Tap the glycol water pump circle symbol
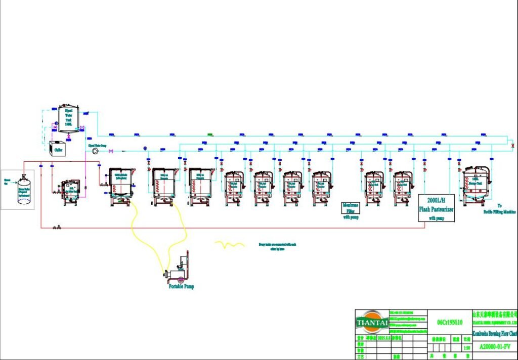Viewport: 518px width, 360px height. point(92,151)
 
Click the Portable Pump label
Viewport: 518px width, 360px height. point(181,287)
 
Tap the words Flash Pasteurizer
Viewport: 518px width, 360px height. point(437,208)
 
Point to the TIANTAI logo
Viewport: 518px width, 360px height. point(371,322)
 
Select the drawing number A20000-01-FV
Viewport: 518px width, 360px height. point(494,347)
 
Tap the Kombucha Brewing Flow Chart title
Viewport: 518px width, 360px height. point(495,333)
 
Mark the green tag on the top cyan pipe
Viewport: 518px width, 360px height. point(210,135)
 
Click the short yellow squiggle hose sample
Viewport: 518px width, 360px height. point(230,245)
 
